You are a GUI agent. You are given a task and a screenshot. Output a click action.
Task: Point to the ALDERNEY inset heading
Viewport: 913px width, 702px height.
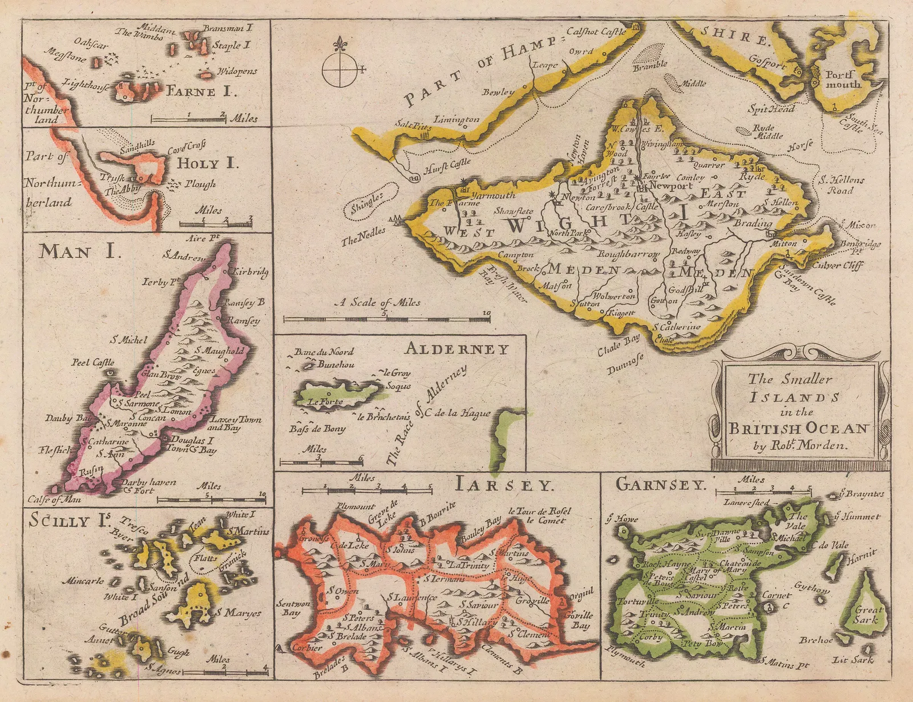coord(457,349)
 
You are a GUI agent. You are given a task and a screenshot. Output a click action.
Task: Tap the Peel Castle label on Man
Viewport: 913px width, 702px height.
coord(93,362)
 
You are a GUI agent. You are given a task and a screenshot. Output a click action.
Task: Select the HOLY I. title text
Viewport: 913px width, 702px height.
coord(206,163)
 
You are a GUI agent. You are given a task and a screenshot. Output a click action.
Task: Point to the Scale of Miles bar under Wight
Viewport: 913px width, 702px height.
coord(386,318)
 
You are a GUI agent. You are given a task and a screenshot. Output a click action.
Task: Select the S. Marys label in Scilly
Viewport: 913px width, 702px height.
coord(239,613)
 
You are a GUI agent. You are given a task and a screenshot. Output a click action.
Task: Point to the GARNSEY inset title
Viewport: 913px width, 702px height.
coord(661,485)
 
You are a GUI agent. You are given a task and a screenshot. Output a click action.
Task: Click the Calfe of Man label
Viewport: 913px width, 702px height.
coord(54,499)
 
